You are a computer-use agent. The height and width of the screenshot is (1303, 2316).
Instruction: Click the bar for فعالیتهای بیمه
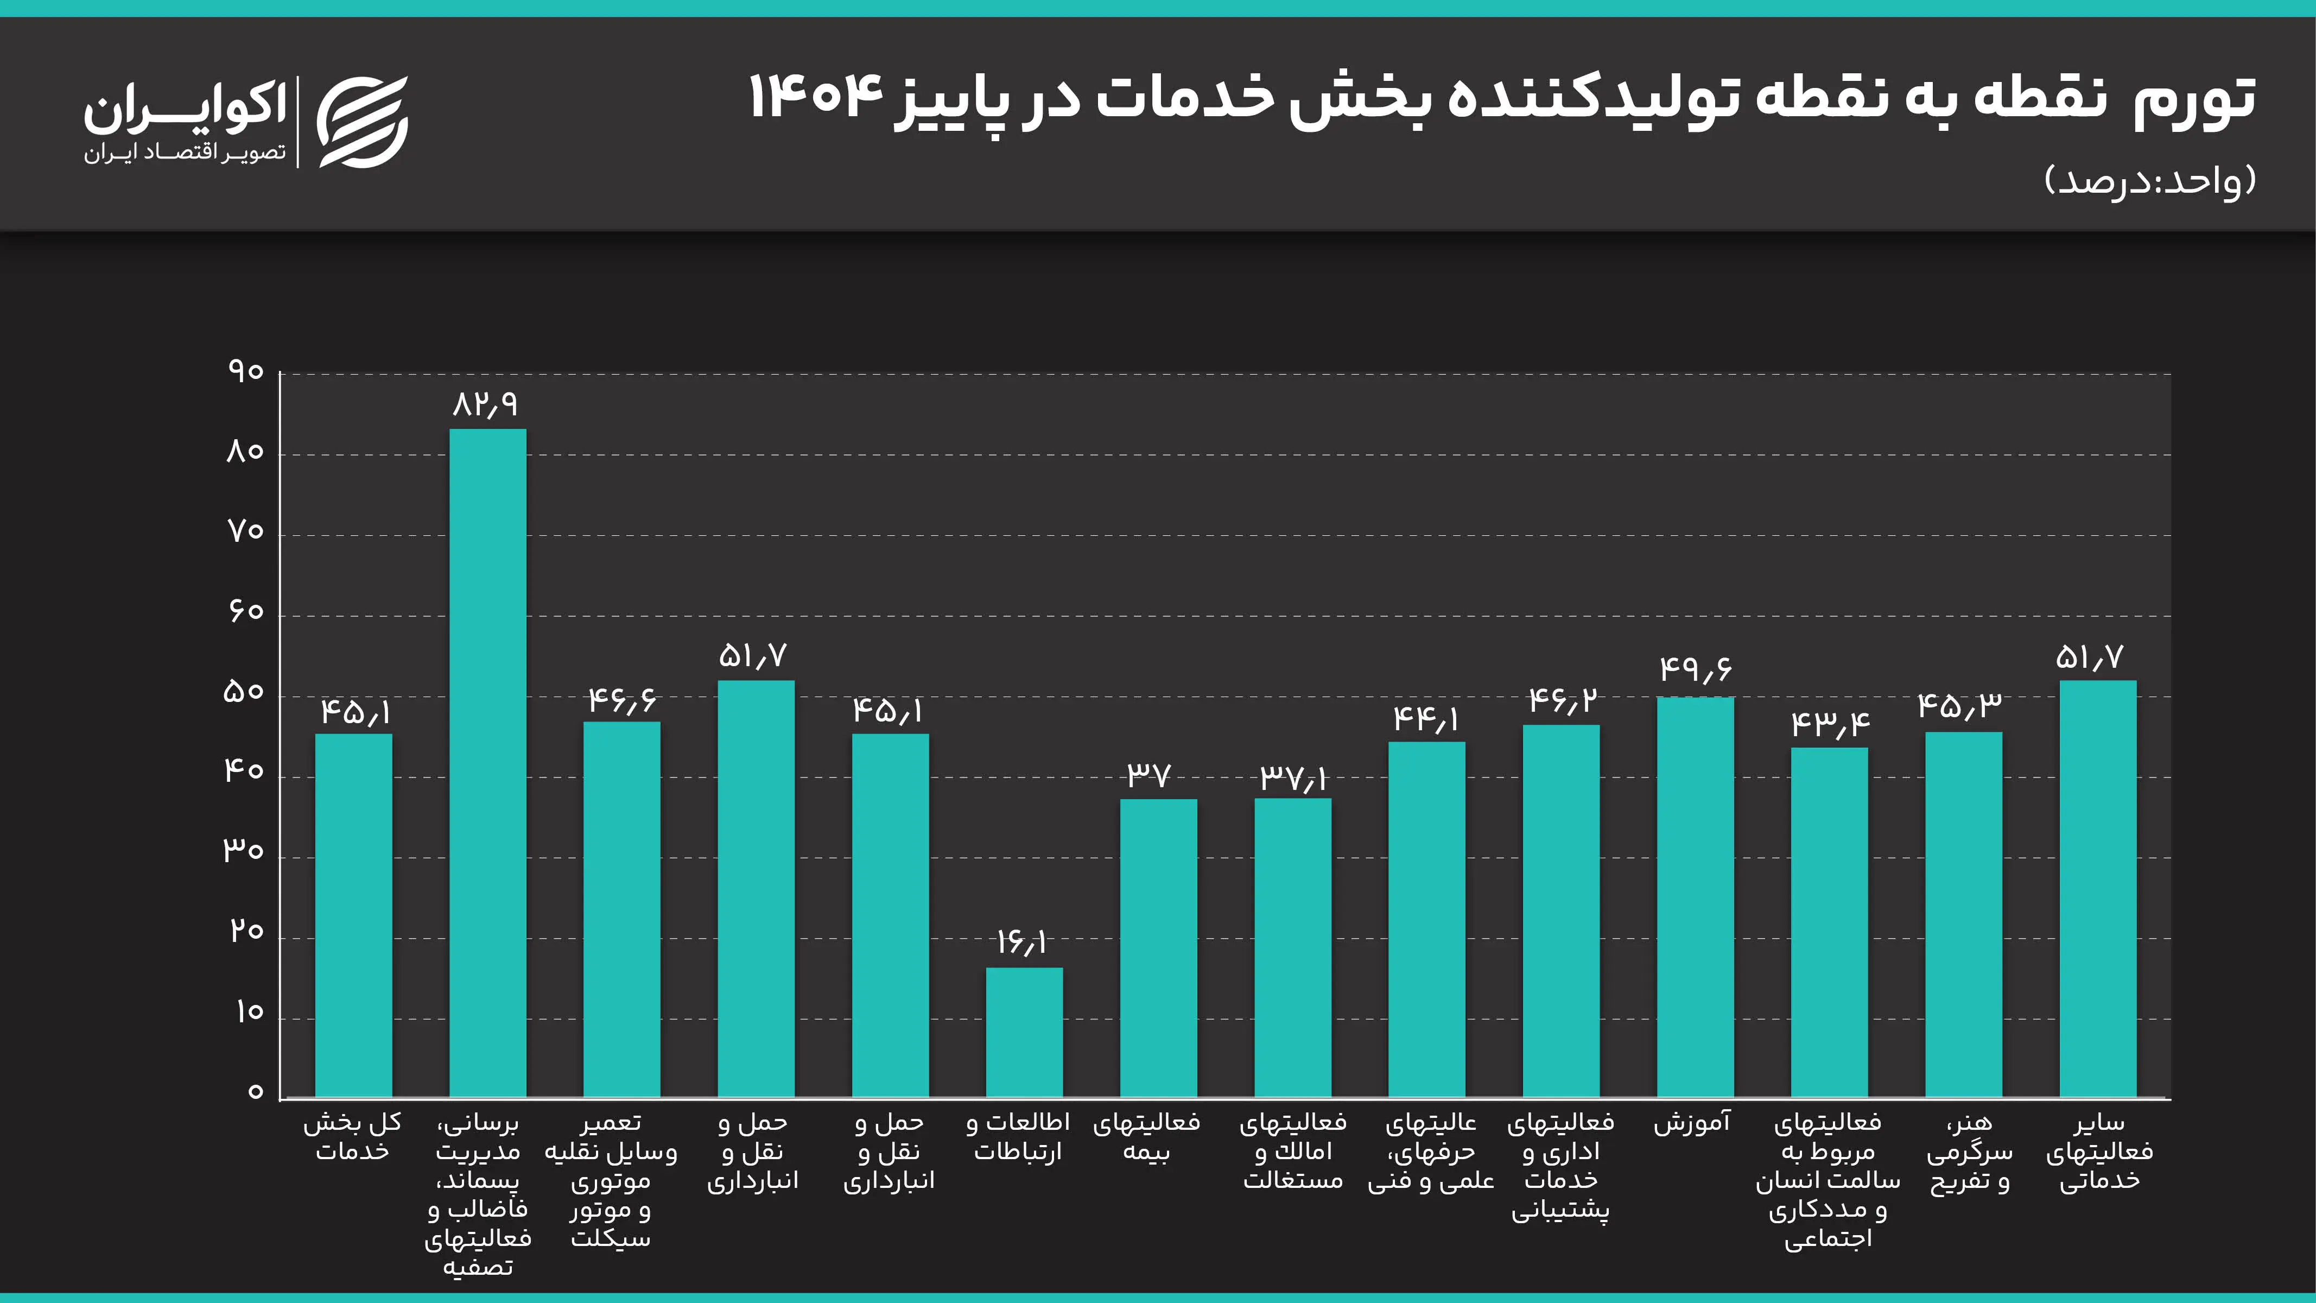coord(1158,948)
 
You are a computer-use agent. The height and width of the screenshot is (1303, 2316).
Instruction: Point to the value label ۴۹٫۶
coord(1695,669)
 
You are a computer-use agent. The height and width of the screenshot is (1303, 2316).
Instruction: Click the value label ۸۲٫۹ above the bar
coord(485,404)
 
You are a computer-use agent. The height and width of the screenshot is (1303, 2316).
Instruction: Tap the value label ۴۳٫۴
coord(1830,724)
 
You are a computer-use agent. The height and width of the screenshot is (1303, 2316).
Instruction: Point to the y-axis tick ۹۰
coord(245,371)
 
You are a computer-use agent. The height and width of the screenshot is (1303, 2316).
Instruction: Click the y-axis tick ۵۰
coord(244,692)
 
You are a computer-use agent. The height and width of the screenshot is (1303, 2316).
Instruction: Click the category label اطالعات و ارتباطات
coord(1018,1137)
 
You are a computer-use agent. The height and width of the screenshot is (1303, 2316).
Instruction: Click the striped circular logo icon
coord(363,122)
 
